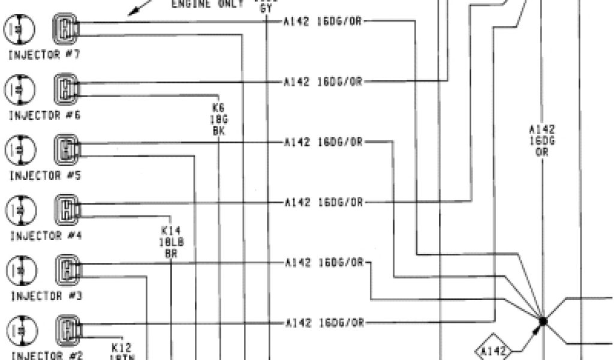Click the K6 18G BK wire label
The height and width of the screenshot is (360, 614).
point(218,119)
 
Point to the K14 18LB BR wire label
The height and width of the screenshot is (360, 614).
point(171,241)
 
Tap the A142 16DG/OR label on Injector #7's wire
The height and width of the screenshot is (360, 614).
point(324,22)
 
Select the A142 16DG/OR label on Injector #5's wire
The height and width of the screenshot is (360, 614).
point(324,142)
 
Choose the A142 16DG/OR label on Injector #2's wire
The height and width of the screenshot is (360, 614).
point(324,323)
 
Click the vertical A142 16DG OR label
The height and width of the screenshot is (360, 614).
point(542,140)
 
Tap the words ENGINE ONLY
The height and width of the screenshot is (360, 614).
point(207,4)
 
